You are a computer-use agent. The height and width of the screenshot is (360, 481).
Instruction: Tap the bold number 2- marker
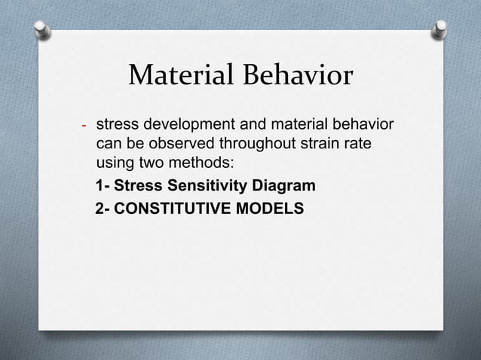click(105, 207)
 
